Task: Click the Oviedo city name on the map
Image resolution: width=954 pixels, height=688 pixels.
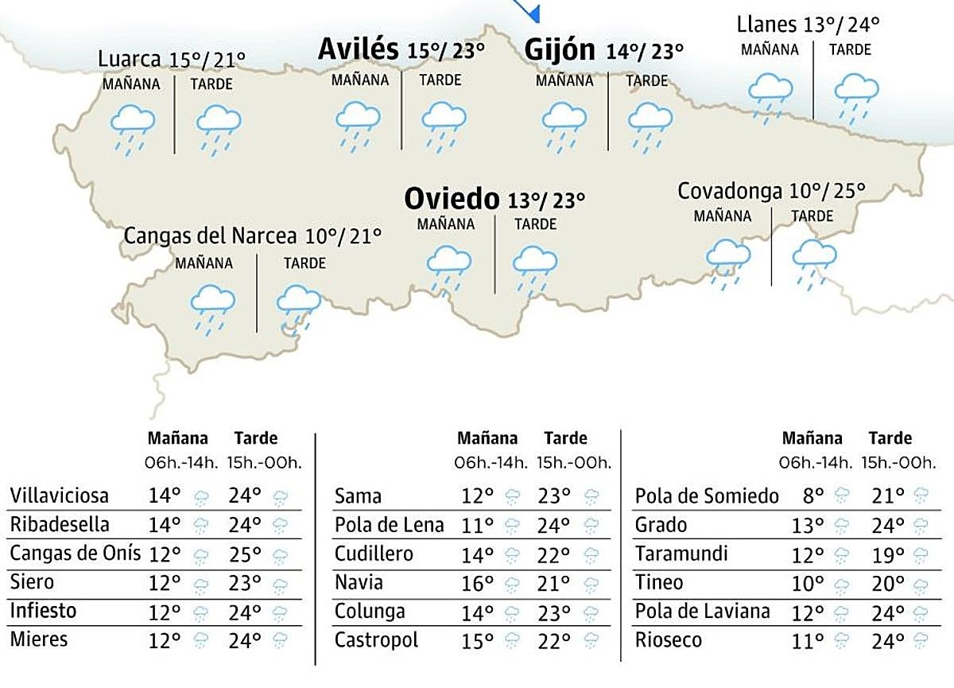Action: tap(451, 197)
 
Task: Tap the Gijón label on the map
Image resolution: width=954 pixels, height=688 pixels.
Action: tap(560, 50)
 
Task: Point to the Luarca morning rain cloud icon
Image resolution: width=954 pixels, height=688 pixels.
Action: tap(132, 126)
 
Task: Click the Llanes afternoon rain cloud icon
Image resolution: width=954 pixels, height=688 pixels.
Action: tap(855, 93)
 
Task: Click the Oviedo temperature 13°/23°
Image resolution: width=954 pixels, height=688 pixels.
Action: tap(546, 200)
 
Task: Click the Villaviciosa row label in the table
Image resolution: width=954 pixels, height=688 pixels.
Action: tap(60, 496)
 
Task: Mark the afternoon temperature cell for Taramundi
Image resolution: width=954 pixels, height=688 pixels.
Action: tap(888, 554)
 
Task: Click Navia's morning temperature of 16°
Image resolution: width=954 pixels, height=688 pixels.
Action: tap(478, 583)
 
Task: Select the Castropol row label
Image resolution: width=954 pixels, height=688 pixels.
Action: tap(376, 639)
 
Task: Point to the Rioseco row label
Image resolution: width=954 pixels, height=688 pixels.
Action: tap(668, 639)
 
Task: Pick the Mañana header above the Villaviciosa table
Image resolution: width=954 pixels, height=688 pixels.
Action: tap(177, 438)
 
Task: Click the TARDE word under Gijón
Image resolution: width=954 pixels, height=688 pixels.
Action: tap(646, 80)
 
